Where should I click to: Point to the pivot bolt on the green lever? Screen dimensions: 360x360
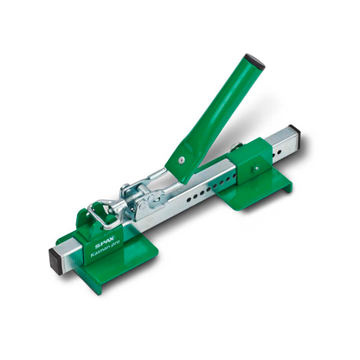(x=183, y=159)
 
